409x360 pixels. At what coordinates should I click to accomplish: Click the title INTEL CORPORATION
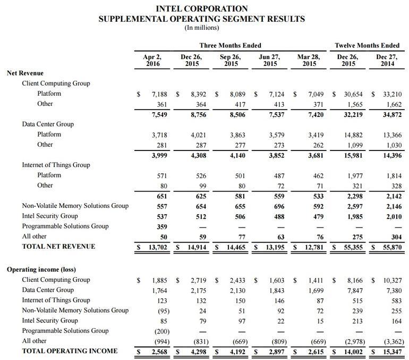point(202,9)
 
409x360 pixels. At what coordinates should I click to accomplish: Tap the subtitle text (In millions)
point(202,28)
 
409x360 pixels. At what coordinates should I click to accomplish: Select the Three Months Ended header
point(230,46)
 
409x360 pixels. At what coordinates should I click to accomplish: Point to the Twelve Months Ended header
point(367,46)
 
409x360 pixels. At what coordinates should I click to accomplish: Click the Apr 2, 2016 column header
point(152,60)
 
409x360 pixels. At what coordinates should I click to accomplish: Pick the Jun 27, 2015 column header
point(269,60)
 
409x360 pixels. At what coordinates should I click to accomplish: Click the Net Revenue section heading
point(25,73)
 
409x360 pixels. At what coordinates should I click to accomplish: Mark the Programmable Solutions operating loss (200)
point(161,331)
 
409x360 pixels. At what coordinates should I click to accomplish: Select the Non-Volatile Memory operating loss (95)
point(162,311)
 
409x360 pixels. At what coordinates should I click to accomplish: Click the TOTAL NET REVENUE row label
point(58,246)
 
